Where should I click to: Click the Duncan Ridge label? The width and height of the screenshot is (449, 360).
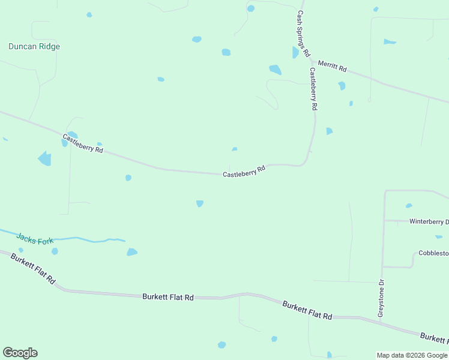(34, 46)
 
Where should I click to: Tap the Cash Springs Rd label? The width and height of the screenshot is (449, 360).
(303, 34)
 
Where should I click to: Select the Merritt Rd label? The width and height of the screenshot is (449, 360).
(332, 66)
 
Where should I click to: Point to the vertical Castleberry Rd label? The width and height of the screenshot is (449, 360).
(313, 88)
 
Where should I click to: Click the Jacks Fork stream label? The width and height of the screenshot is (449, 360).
(35, 238)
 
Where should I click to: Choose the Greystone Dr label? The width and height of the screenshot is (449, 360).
(380, 298)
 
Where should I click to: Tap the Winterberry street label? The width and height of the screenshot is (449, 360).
(429, 221)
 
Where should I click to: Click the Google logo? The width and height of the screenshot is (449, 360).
(20, 353)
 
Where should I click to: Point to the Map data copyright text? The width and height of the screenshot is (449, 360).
(412, 355)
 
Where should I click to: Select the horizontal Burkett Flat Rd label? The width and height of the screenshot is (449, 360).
(168, 297)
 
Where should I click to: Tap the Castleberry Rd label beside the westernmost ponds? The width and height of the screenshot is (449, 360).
(83, 143)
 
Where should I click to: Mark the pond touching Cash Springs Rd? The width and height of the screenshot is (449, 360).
(295, 53)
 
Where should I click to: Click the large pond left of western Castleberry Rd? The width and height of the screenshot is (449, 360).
(45, 158)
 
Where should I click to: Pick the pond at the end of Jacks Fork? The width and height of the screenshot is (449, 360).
(131, 252)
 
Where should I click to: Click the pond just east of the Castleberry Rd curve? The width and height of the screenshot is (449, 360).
(329, 131)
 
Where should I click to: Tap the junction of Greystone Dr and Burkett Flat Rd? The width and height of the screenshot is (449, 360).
(381, 321)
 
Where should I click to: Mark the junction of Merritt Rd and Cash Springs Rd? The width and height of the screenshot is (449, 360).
(311, 59)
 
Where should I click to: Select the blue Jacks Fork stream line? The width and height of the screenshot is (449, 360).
(78, 239)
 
